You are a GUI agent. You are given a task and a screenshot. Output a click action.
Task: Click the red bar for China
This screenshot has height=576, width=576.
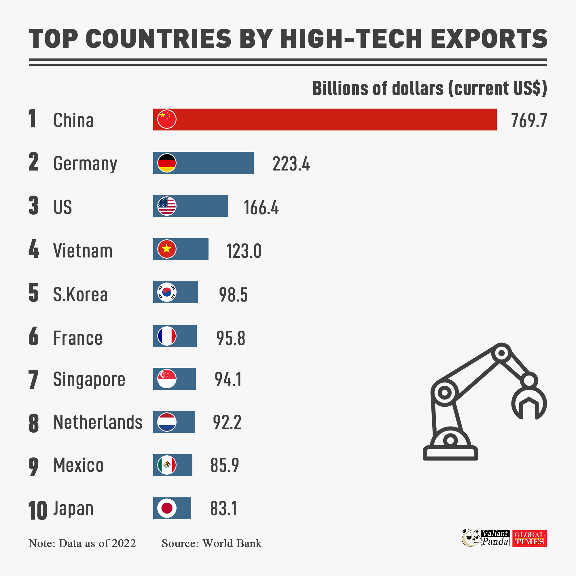(x=328, y=119)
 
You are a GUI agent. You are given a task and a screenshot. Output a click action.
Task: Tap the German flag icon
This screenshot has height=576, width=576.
(x=167, y=163)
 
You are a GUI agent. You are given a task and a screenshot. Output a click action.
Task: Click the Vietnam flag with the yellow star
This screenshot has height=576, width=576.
(x=167, y=249)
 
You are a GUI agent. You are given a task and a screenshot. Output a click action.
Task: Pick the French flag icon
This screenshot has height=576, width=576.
(x=167, y=336)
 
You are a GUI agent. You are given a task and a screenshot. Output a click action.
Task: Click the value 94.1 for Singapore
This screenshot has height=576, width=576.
(x=228, y=379)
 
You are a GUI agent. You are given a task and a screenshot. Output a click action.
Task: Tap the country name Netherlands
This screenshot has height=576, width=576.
(x=98, y=422)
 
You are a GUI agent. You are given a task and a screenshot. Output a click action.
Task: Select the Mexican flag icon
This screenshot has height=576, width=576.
(x=167, y=465)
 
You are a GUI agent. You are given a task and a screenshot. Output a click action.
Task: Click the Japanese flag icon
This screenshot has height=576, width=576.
(x=167, y=508)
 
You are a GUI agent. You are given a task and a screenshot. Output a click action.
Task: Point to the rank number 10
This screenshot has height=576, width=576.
(x=37, y=510)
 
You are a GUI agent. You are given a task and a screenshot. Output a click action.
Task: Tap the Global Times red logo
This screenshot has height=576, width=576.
(x=530, y=539)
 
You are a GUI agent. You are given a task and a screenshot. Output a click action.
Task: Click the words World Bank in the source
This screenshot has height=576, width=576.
(x=232, y=543)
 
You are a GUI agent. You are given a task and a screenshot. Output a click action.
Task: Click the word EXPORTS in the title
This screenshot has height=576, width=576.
(x=489, y=39)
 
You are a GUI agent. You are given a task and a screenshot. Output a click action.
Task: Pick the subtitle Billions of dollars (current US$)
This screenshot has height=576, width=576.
(x=430, y=88)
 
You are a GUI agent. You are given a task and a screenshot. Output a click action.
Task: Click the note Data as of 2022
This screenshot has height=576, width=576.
(x=97, y=543)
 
